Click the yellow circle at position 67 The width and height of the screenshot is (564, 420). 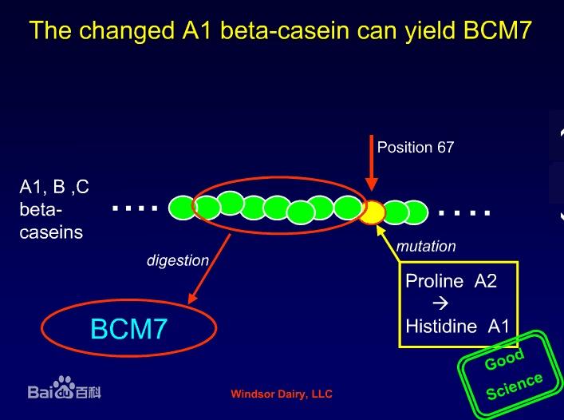tap(373, 212)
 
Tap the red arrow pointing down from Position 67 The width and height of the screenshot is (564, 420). tap(372, 163)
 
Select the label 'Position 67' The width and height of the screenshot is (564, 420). tap(416, 147)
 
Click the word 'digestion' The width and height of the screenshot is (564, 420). tap(178, 260)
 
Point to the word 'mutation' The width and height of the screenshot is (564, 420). tap(426, 246)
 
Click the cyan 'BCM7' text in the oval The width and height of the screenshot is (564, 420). tap(128, 329)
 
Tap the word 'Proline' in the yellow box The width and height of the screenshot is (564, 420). tap(435, 281)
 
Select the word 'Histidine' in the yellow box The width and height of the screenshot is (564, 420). tap(441, 327)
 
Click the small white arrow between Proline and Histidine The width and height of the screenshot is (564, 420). tap(440, 303)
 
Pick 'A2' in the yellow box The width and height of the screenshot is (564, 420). tap(486, 281)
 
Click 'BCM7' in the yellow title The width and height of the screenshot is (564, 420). tap(498, 30)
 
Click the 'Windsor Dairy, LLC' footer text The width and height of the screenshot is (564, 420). tap(282, 394)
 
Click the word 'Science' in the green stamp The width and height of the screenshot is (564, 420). tap(515, 386)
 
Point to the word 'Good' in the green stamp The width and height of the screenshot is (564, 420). tap(504, 359)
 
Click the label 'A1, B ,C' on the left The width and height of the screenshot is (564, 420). tap(54, 187)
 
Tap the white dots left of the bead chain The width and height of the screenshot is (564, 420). tap(135, 208)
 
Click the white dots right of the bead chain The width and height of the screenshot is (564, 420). tap(464, 212)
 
